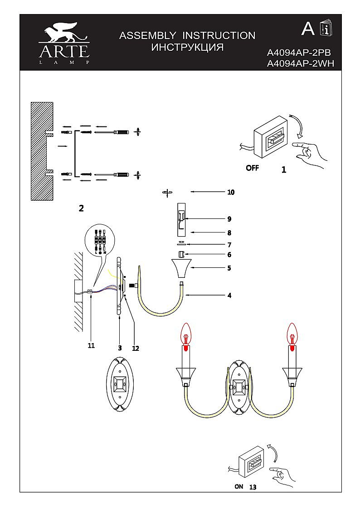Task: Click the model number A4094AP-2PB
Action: (x=301, y=53)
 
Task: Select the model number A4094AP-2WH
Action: (x=301, y=64)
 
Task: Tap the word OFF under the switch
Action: (x=253, y=168)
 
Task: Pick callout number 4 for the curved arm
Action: (x=229, y=296)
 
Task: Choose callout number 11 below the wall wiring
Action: (x=91, y=345)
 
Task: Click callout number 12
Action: (x=135, y=348)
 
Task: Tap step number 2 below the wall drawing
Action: (x=81, y=208)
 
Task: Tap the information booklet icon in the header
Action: (x=326, y=29)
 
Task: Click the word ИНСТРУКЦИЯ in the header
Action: (x=187, y=47)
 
